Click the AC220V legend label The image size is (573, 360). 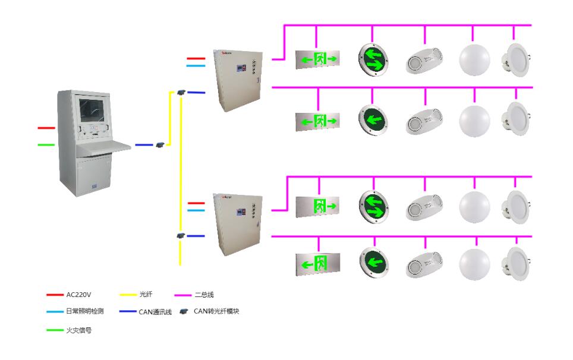(80, 295)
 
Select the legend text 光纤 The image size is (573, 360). (146, 295)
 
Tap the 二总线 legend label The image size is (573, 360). (204, 295)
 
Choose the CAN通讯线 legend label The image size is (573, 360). (155, 311)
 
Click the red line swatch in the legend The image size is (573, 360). (55, 295)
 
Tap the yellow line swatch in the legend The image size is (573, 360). (127, 295)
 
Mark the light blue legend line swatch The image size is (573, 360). (55, 311)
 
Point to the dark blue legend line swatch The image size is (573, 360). (127, 311)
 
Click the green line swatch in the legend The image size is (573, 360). (55, 330)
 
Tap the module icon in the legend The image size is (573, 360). (184, 311)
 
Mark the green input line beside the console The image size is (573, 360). (46, 144)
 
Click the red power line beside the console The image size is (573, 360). (46, 128)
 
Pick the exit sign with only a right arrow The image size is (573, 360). (317, 206)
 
